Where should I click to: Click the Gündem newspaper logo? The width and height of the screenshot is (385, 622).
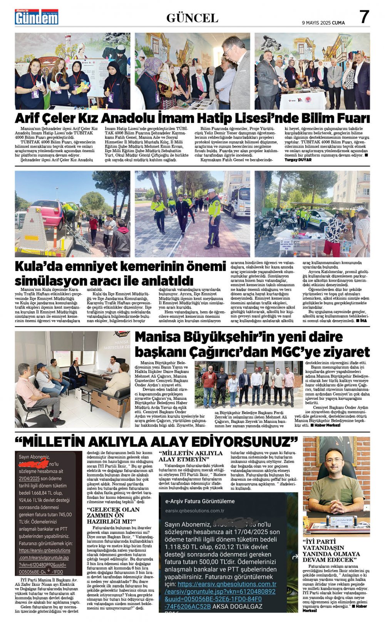(x=37, y=17)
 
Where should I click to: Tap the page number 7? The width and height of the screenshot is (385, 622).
(x=364, y=17)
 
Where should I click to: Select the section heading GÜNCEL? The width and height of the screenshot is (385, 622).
(x=192, y=18)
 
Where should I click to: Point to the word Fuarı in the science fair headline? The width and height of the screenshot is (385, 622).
(x=350, y=118)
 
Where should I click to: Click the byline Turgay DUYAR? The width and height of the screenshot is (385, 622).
(x=298, y=160)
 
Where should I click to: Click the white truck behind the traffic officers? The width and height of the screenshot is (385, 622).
(x=235, y=199)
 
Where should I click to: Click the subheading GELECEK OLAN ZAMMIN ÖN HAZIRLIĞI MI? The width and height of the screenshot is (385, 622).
(x=113, y=515)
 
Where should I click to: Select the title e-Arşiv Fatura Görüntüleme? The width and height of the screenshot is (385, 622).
(x=199, y=501)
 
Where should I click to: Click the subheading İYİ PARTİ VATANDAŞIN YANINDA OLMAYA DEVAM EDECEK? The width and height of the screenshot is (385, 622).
(x=331, y=551)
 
